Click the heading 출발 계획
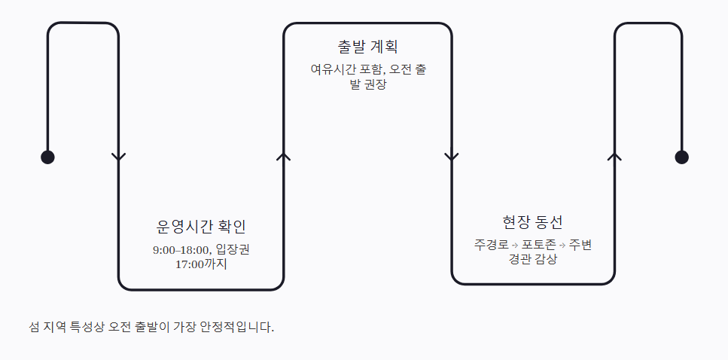(367, 47)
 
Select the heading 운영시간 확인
(201, 227)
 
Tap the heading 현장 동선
(532, 222)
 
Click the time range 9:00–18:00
(181, 250)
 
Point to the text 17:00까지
(201, 265)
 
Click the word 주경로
(491, 244)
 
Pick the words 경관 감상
(532, 259)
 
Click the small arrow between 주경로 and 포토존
(515, 245)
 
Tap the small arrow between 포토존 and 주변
(562, 245)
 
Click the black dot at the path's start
(48, 157)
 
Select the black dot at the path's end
(681, 157)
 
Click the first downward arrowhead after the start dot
(119, 157)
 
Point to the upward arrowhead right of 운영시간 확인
(284, 157)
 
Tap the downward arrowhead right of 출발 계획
(452, 157)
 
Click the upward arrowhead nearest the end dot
(615, 157)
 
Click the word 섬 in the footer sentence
(34, 327)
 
